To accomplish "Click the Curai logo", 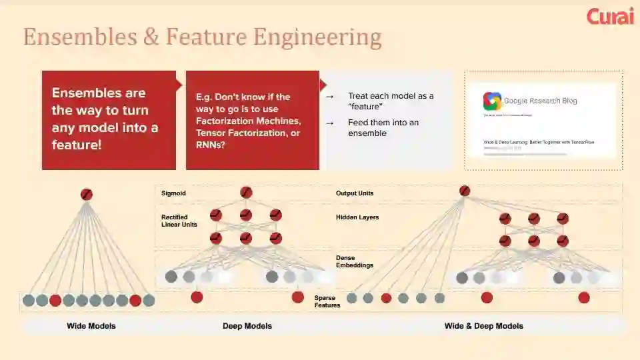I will [x=610, y=16].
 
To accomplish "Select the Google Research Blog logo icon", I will [x=492, y=101].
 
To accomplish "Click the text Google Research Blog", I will [x=541, y=101].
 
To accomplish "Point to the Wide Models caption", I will [x=91, y=326].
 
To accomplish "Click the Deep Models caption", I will [x=247, y=326].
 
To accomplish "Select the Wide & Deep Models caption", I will [x=484, y=326].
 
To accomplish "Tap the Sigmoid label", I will [x=173, y=193].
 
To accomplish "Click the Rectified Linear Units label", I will [x=179, y=221].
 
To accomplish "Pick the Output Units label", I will [x=355, y=193].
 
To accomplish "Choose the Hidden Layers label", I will [x=357, y=217].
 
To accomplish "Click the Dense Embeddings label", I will [x=355, y=261].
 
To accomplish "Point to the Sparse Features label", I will [x=327, y=301].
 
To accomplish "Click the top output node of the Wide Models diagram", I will [x=86, y=195].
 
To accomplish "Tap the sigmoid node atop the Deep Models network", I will [x=246, y=193].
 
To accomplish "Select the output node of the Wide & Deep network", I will [x=465, y=191].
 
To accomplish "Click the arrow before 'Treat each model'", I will [x=329, y=97].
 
